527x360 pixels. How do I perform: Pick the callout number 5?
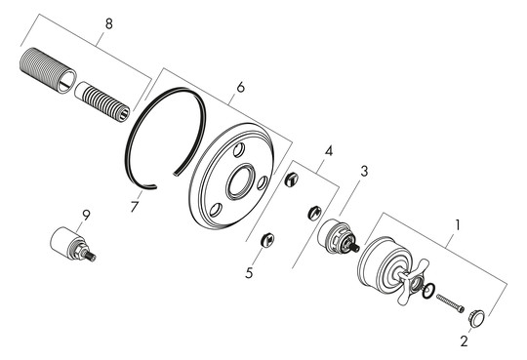(250, 273)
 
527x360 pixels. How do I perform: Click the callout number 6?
(240, 88)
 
